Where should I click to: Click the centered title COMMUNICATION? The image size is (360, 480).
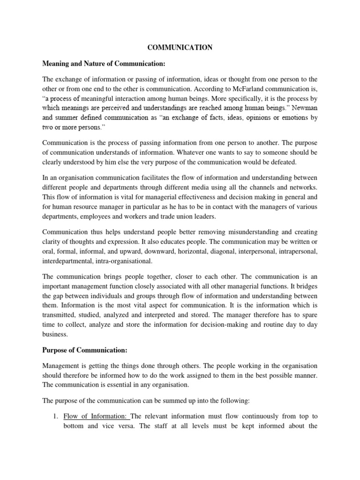coord(180,47)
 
